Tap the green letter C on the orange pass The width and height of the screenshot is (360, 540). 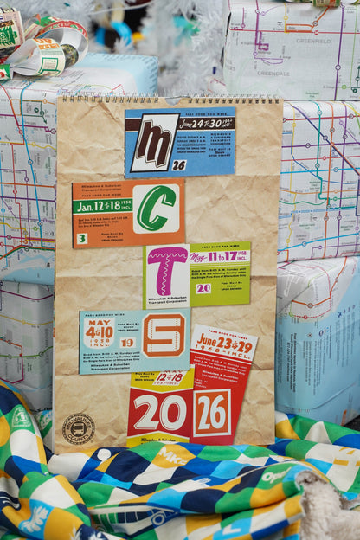click(156, 209)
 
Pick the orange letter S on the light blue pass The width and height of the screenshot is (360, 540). click(164, 334)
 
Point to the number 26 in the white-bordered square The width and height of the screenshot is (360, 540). click(211, 413)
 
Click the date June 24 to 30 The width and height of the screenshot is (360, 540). click(206, 122)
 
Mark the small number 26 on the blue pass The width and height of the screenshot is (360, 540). click(179, 164)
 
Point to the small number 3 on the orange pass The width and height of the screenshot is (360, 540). click(81, 238)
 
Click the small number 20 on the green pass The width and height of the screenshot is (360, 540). click(202, 288)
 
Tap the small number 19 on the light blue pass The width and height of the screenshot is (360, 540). click(127, 343)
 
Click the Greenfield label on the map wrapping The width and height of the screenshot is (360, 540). click(313, 41)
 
